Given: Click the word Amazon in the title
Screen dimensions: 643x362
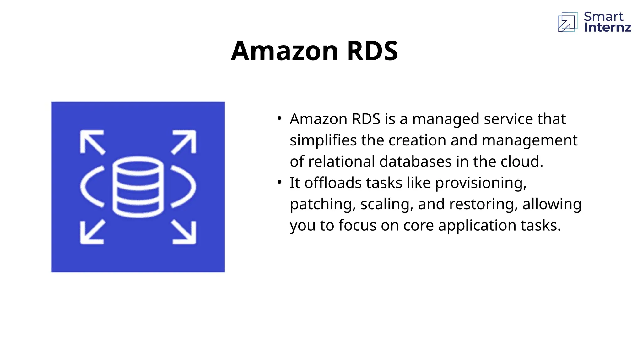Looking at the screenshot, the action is pos(284,51).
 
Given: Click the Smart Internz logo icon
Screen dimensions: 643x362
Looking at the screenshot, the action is pos(568,22).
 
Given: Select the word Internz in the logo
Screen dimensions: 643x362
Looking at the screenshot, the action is pos(608,28).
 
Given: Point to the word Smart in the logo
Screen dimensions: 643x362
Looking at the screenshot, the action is pos(603,16).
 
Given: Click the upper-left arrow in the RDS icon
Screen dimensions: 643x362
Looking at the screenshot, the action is pos(92,142).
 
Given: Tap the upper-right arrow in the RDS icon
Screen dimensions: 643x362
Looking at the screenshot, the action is pos(184,142).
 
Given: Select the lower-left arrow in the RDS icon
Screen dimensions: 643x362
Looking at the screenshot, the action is pos(92,232).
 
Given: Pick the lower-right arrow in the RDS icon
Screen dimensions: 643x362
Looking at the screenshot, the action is pos(184,232).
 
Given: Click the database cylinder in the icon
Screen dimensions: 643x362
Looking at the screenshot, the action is pos(138,187).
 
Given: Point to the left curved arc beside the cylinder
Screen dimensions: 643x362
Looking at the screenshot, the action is pos(91,187).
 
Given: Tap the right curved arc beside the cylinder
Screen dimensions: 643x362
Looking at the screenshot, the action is pos(185,187).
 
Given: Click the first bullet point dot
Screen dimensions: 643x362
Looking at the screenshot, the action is pos(279,118).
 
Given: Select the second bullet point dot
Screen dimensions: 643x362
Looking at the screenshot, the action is pos(279,182).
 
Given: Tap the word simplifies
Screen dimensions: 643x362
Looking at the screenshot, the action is pos(323,140).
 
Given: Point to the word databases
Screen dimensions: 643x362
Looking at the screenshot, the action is pos(415,162).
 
